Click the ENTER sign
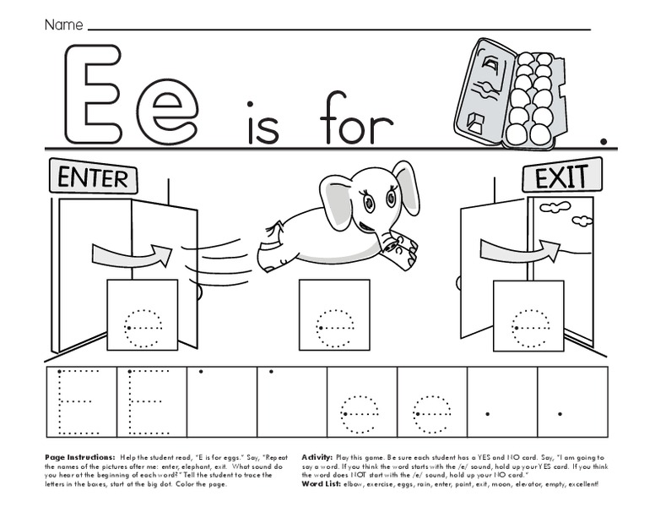pos(94,177)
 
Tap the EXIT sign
pos(563,177)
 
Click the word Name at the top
pos(63,25)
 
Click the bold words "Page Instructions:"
pos(81,456)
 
